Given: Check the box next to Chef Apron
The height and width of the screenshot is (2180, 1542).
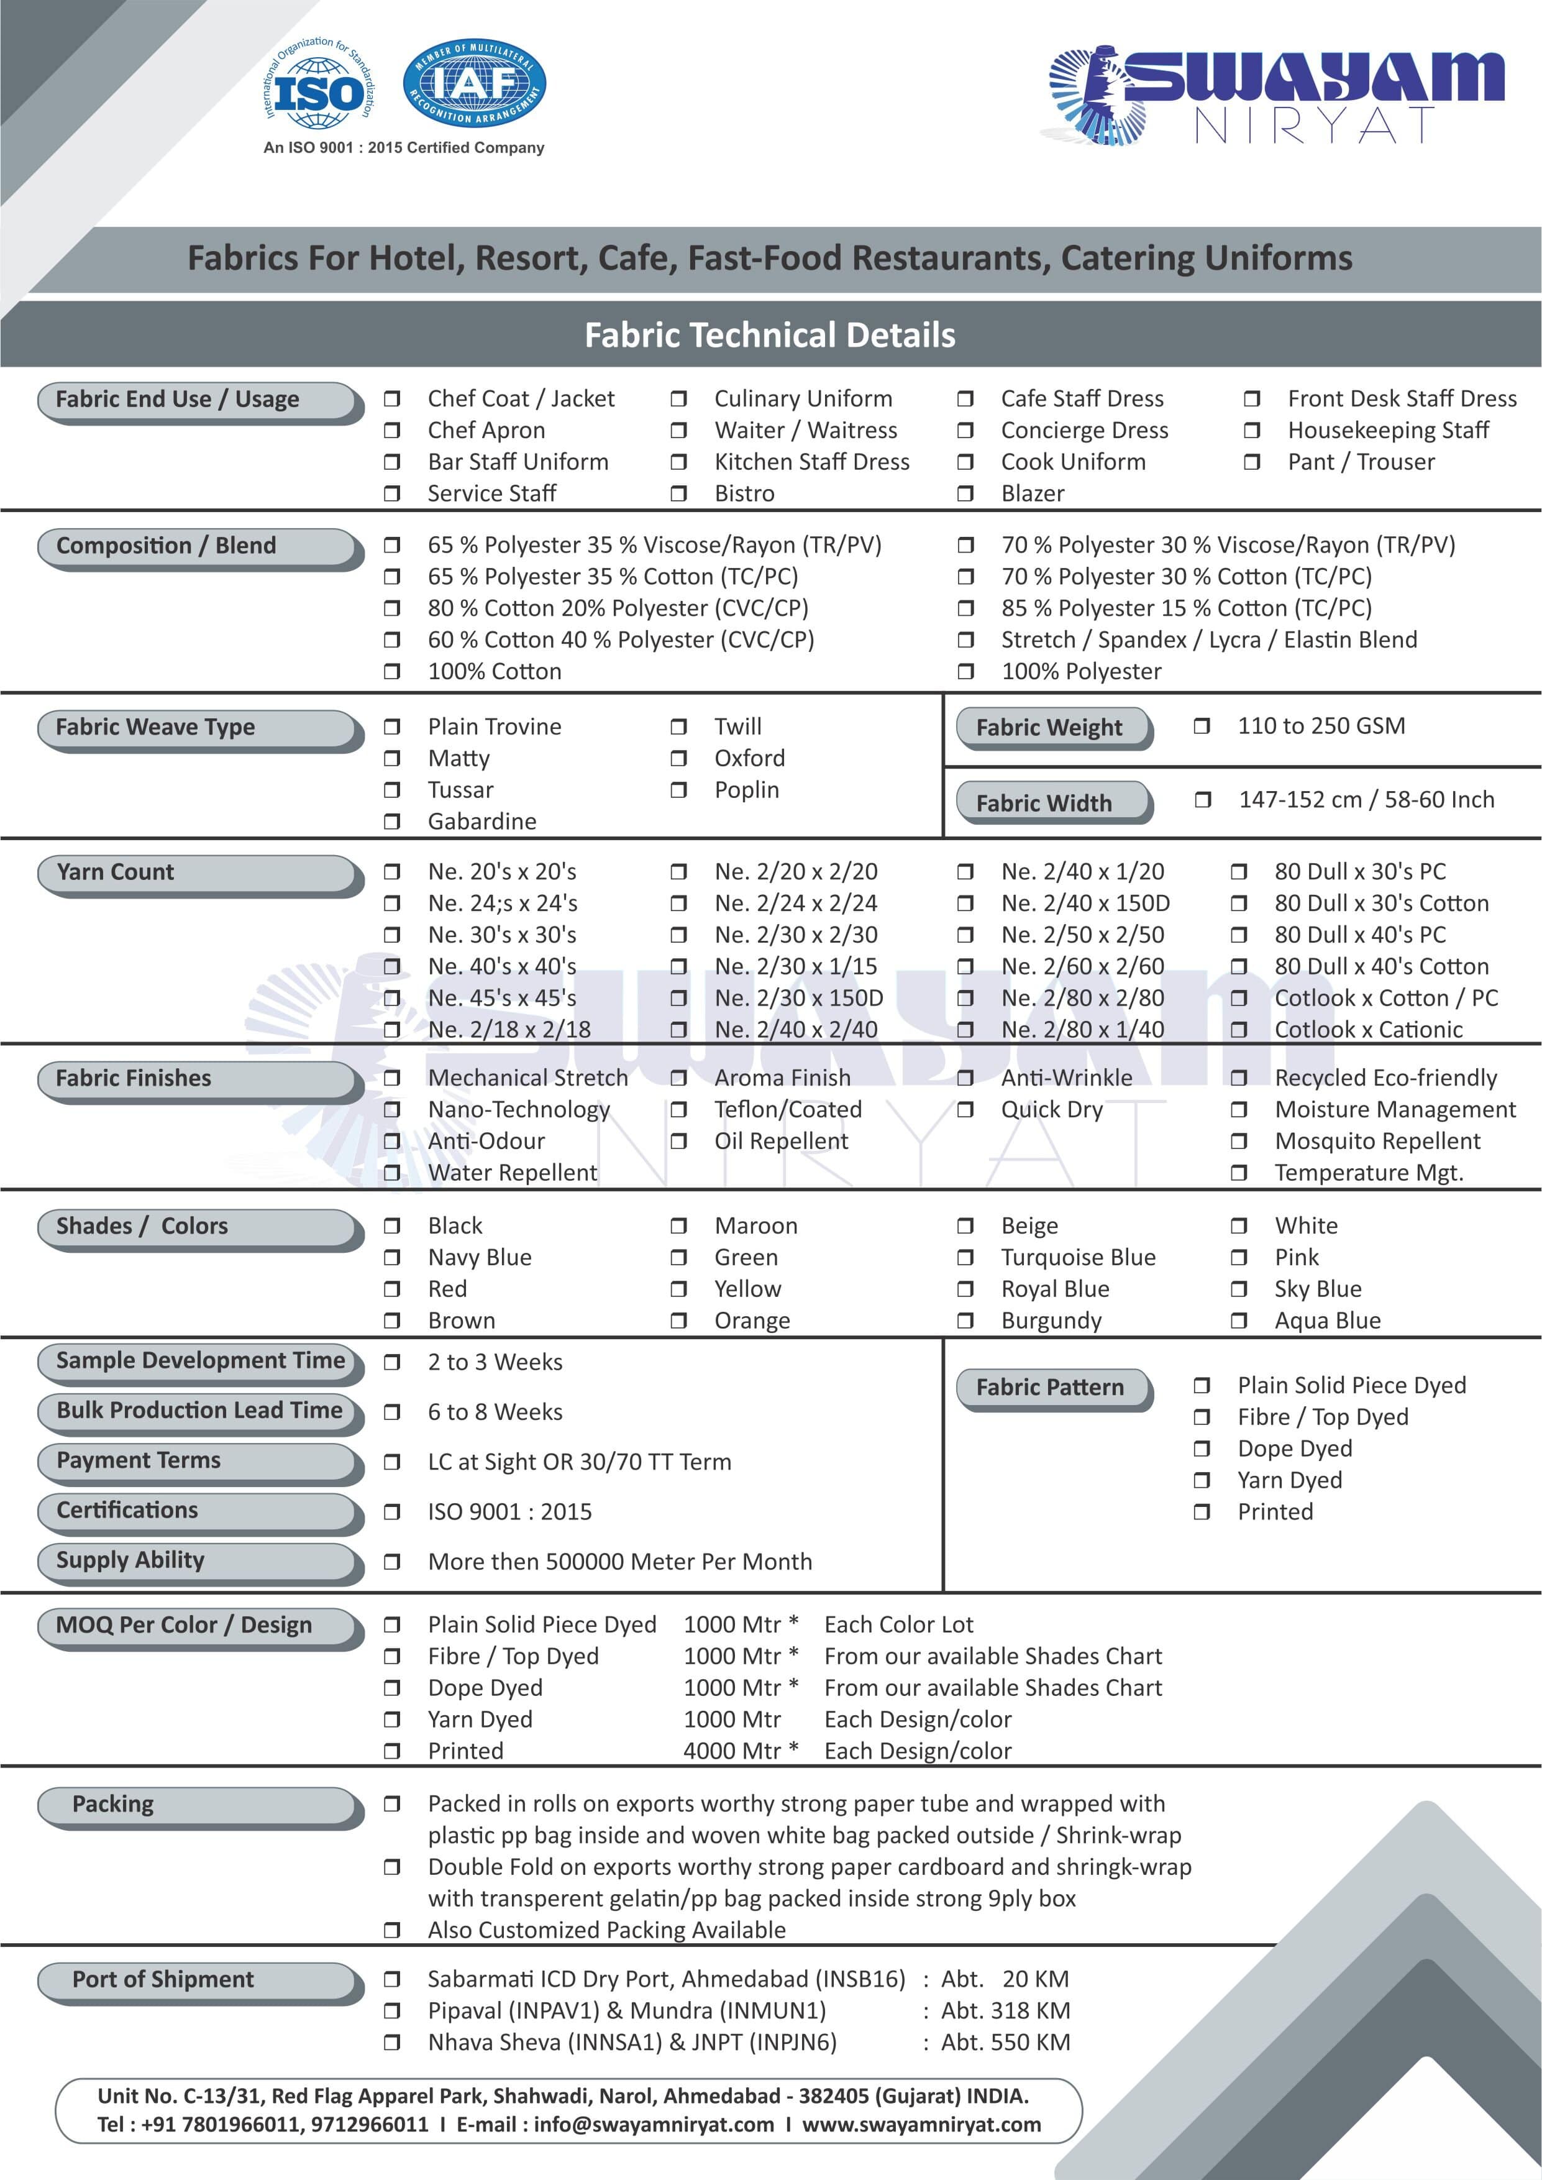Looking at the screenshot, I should tap(391, 430).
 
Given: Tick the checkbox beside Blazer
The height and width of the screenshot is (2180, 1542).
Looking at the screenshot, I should tap(965, 493).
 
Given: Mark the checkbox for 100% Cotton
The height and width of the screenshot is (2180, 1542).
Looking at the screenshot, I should tap(391, 671).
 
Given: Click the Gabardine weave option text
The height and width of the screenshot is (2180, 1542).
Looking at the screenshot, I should tap(481, 822).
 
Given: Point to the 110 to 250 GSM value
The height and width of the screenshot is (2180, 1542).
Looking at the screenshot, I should tap(1321, 726).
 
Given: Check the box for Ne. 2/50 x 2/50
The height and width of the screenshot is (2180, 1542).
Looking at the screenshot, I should tap(965, 935).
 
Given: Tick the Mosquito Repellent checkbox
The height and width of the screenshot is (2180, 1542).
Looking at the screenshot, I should tap(1238, 1142).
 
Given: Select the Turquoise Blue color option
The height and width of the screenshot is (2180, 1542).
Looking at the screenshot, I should tap(1078, 1257).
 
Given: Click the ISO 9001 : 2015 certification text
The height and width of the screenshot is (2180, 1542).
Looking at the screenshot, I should tap(510, 1511).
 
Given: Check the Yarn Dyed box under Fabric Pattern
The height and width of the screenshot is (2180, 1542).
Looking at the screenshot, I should tap(1201, 1480).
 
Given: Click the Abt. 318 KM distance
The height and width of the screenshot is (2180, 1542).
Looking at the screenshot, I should tap(1005, 2010).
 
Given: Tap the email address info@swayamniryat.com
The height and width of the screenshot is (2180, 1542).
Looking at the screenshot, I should tap(653, 2124).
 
